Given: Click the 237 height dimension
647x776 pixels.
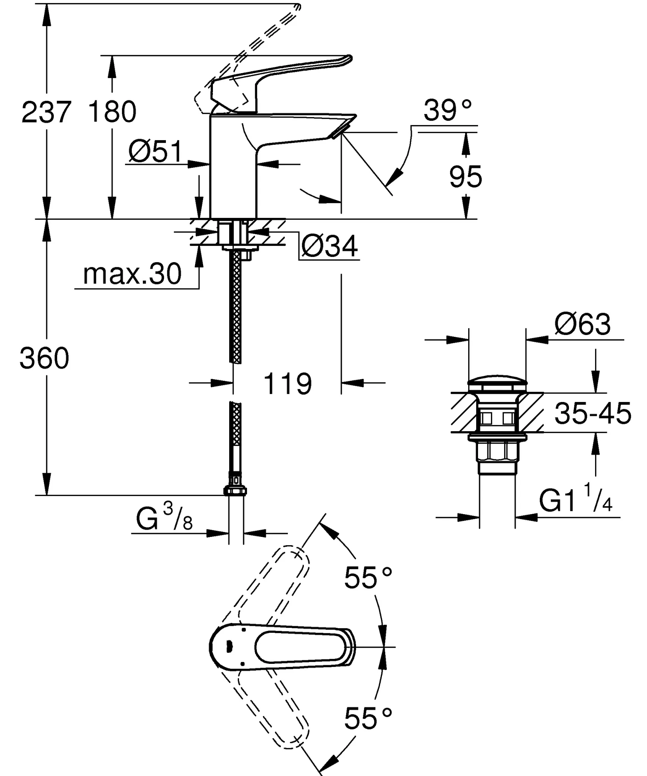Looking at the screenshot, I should [x=46, y=113].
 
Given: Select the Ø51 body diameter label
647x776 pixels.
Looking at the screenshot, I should [x=155, y=152].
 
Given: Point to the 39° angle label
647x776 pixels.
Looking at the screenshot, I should [x=448, y=111].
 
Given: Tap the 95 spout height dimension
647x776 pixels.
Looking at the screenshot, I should [x=466, y=177].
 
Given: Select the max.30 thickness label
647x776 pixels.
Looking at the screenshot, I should [x=132, y=274].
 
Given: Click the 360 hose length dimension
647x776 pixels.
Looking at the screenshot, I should [x=45, y=358].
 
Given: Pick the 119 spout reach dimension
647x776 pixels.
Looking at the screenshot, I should [x=288, y=384].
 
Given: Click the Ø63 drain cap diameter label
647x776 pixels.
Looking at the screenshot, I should [x=583, y=325].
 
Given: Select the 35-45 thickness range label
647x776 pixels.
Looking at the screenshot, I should [x=593, y=413].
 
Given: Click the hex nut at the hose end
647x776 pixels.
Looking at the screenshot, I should [x=235, y=491].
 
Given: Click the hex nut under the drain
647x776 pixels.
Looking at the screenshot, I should [x=497, y=451].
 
